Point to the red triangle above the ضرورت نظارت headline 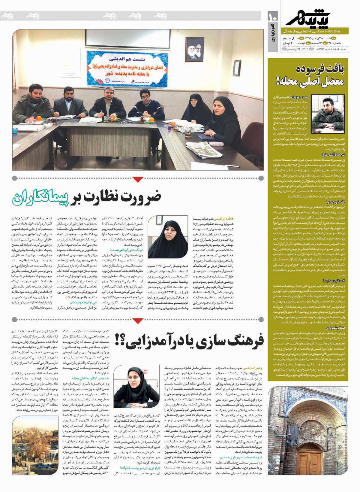(138, 180)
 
